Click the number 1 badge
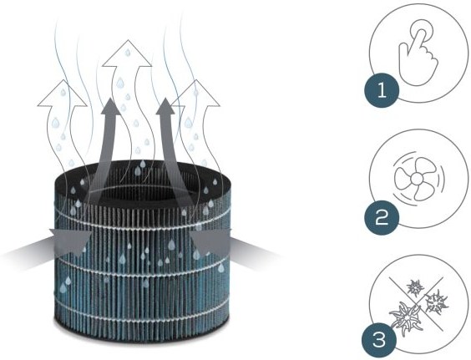(382, 90)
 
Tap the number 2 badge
(382, 217)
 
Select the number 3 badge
(379, 341)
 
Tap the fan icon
(418, 180)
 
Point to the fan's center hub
(417, 180)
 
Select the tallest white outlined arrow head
(127, 53)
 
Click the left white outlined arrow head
(63, 94)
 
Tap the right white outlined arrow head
(196, 94)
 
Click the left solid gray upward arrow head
(110, 107)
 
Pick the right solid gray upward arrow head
(165, 107)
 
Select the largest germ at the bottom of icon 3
(406, 318)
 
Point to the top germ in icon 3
(415, 288)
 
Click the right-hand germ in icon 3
(437, 302)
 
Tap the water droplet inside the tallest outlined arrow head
(128, 53)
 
